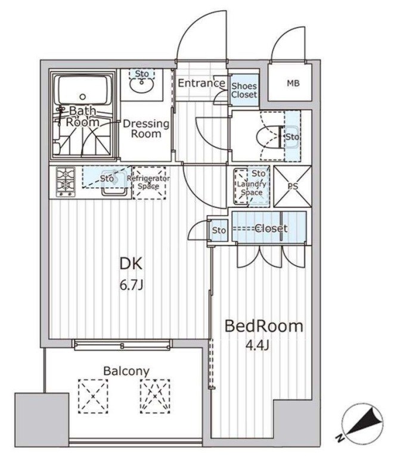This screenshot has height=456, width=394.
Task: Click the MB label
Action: click(x=293, y=83)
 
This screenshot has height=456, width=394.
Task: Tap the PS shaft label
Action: click(x=293, y=187)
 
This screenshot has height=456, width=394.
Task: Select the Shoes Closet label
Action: click(x=244, y=90)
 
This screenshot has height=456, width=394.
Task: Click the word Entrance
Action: click(x=201, y=83)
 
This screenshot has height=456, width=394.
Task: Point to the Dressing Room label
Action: click(x=146, y=129)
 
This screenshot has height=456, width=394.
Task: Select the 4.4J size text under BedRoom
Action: click(x=258, y=346)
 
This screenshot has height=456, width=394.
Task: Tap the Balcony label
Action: click(x=126, y=371)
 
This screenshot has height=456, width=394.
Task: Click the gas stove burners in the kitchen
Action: click(x=66, y=182)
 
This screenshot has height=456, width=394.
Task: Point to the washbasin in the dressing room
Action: click(x=142, y=84)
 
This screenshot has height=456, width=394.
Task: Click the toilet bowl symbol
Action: click(x=269, y=137)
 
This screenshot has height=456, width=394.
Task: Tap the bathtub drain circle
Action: click(x=83, y=97)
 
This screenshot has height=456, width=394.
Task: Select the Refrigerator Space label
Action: click(x=148, y=182)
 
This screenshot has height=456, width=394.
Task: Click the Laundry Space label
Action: click(x=252, y=188)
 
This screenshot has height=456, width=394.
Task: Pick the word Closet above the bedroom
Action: click(x=271, y=228)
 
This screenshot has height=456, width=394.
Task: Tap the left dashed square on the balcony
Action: click(x=93, y=396)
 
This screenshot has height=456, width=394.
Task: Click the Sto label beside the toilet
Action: click(x=292, y=137)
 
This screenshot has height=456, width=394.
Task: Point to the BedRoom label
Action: click(x=263, y=326)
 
